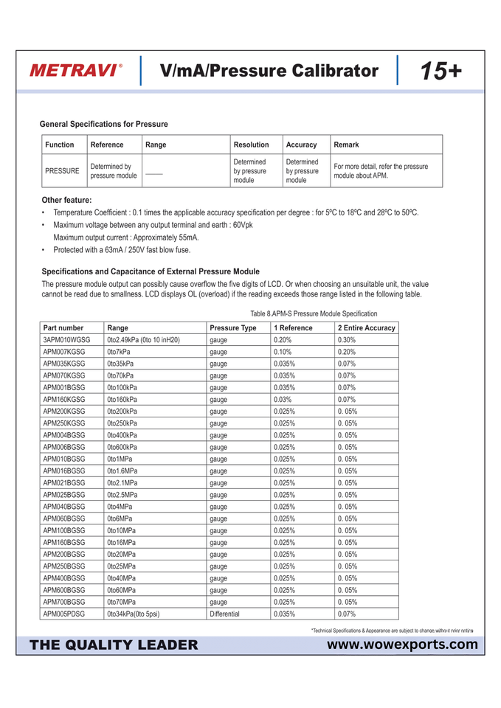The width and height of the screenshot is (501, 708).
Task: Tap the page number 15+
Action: [x=441, y=71]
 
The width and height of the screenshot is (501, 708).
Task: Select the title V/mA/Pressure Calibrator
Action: [x=269, y=71]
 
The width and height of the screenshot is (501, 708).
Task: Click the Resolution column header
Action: [x=251, y=145]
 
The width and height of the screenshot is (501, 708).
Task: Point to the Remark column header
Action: [x=346, y=145]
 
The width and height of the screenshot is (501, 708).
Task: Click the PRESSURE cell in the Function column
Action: [x=62, y=171]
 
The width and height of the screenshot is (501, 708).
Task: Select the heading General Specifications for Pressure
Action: [x=103, y=124]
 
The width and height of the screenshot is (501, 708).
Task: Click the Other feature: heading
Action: [x=66, y=200]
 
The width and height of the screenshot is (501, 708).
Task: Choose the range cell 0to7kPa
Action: [x=119, y=352]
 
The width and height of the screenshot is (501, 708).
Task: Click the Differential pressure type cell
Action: [x=224, y=614]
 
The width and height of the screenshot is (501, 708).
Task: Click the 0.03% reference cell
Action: [x=283, y=400]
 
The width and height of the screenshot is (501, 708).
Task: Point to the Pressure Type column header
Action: [x=233, y=327]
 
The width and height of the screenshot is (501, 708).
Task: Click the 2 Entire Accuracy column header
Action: [x=366, y=327]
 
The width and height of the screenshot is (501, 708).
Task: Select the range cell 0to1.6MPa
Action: [x=122, y=471]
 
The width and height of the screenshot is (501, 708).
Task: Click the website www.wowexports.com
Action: [x=403, y=645]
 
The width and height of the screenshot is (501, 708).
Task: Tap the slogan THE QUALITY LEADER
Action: [x=114, y=645]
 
